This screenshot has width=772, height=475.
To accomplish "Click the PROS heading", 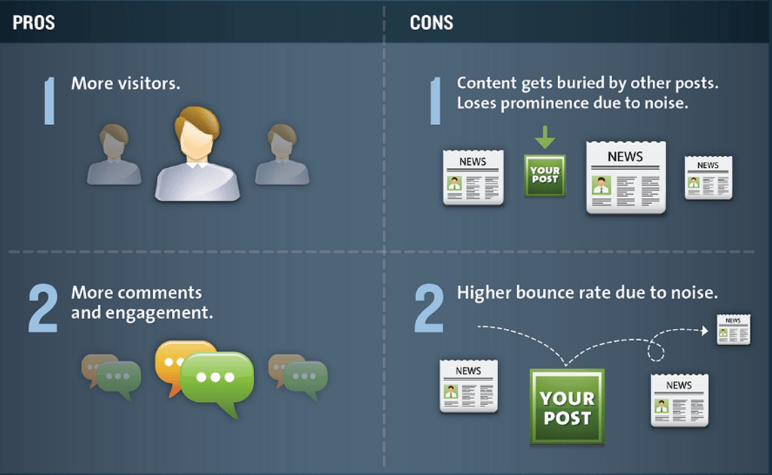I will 33,22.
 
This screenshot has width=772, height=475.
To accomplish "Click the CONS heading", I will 431,22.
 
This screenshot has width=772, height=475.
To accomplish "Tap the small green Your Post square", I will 544,176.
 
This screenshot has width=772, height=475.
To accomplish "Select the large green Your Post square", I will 567,406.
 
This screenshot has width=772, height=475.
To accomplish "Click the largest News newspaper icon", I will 626,178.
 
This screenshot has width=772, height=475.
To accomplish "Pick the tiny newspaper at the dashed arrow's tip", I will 733,330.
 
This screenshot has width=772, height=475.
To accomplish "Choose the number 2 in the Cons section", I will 428,309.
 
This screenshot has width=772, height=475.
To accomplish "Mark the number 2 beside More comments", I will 43,309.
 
